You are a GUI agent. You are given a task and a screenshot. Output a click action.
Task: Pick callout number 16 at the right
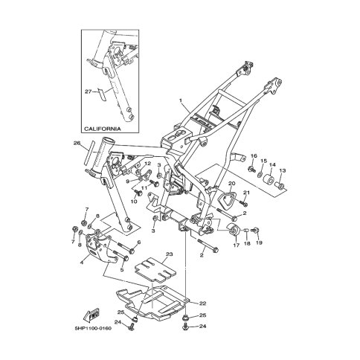(253, 155)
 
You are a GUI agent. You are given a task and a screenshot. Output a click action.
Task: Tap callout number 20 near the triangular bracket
(231, 183)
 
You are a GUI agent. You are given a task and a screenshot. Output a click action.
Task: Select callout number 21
(247, 193)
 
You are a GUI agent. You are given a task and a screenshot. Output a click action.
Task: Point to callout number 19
(260, 242)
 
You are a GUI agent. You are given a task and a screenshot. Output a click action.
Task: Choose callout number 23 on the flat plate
(170, 254)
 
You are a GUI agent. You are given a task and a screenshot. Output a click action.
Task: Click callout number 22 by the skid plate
(202, 303)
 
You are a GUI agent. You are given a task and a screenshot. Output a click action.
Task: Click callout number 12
(149, 164)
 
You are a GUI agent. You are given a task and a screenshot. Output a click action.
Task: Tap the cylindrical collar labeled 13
(283, 183)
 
